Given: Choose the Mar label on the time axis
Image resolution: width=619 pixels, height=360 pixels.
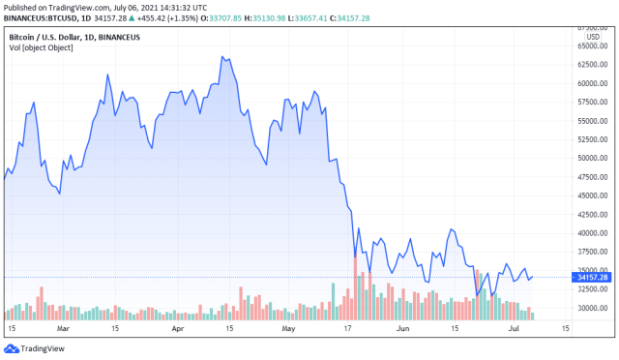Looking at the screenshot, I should click(64, 328).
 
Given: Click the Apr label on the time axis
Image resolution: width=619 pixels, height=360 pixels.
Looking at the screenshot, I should click(177, 328).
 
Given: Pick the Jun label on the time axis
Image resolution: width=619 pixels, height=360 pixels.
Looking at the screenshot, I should click(402, 328).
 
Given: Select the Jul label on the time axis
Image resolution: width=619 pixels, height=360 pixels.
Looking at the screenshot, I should click(513, 328).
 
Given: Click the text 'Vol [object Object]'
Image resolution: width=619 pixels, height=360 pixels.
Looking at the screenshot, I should click(42, 48).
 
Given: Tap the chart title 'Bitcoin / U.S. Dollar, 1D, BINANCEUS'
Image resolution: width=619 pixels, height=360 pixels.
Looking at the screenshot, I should click(74, 36).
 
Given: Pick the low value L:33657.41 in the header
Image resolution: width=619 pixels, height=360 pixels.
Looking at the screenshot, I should click(345, 18).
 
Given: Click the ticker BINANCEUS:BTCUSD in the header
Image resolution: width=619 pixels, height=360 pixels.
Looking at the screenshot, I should click(44, 18).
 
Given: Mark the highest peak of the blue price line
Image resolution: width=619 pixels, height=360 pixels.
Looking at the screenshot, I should click(222, 57).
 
